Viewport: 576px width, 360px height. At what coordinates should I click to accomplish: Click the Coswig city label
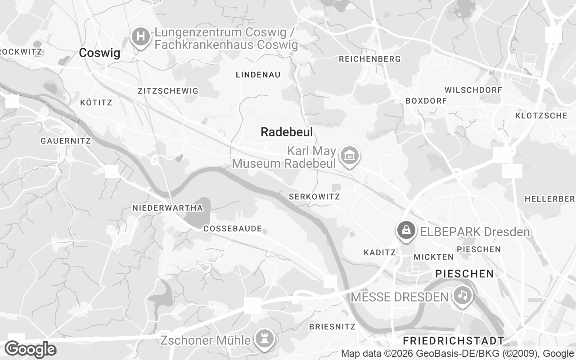tap(99, 53)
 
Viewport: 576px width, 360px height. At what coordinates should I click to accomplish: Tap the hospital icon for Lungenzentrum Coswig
tap(141, 36)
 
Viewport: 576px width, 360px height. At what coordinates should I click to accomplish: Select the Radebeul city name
tap(287, 132)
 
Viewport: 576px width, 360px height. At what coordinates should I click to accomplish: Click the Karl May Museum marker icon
tap(349, 156)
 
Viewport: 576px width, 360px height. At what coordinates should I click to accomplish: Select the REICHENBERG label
tap(369, 59)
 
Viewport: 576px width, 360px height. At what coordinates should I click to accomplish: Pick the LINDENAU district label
tap(258, 75)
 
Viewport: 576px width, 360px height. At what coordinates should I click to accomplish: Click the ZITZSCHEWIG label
tap(168, 91)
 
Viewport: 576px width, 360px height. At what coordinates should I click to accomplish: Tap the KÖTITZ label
tap(96, 103)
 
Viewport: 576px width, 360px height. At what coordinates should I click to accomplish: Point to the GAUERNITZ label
tap(66, 141)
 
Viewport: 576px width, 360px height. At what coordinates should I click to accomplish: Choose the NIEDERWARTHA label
tap(167, 208)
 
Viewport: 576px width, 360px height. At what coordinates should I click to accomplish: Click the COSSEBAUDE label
tap(233, 229)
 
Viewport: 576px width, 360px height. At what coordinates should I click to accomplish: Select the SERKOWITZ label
tap(314, 197)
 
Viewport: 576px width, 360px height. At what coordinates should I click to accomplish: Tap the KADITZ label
tap(379, 253)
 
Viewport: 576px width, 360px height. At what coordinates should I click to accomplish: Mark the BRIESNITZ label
tap(332, 327)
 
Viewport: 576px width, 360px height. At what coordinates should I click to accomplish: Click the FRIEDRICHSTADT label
tap(454, 340)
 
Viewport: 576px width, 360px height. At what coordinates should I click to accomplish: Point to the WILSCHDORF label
tap(473, 90)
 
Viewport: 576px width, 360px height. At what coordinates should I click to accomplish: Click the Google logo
tap(30, 349)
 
